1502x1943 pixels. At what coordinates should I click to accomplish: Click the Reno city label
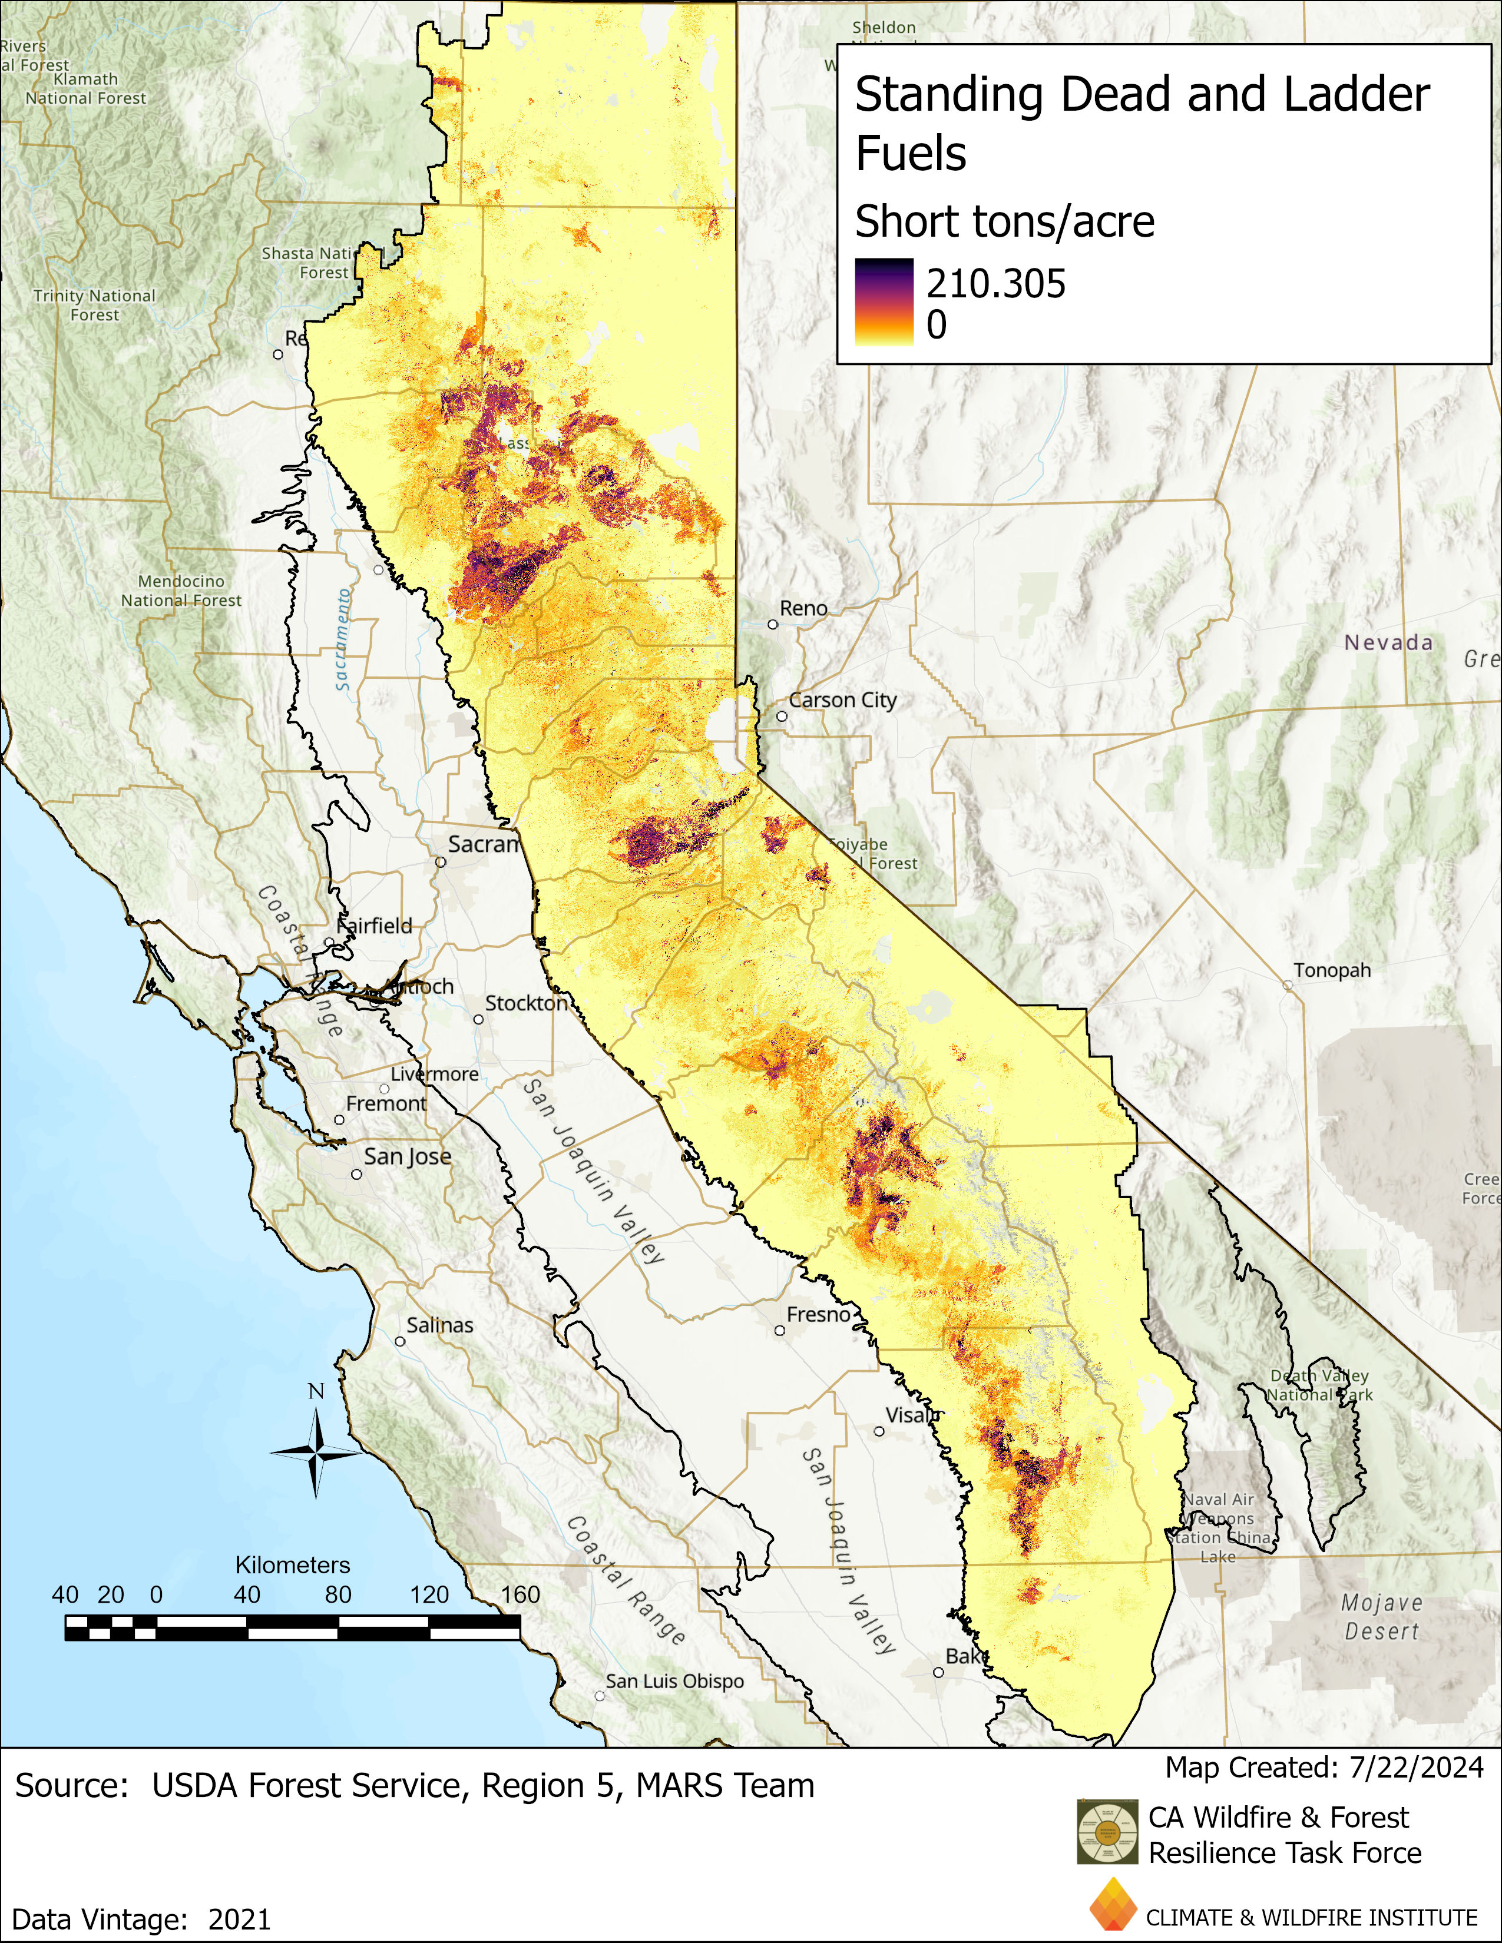point(803,609)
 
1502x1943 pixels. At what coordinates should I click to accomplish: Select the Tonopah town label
point(1331,970)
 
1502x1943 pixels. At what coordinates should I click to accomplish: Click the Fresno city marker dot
point(779,1331)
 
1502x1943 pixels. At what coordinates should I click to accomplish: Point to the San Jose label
point(408,1156)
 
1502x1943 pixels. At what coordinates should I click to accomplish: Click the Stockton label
point(526,1003)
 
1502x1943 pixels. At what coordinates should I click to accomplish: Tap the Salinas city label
point(439,1325)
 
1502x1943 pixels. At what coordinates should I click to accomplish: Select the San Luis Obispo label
point(674,1682)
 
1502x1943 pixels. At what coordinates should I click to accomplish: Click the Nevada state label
point(1388,642)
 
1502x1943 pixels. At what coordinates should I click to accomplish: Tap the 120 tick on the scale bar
point(430,1594)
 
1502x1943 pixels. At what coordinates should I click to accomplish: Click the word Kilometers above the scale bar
point(293,1565)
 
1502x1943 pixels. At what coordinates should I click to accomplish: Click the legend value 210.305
point(995,284)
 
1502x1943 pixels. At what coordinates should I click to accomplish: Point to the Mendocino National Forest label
point(181,591)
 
